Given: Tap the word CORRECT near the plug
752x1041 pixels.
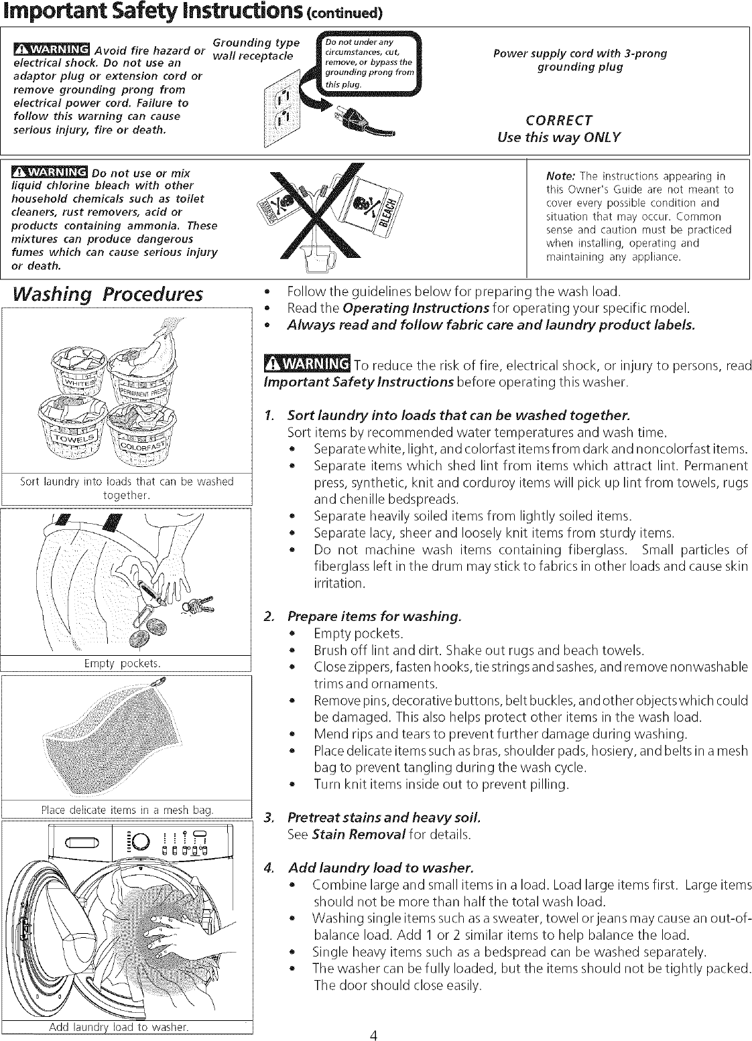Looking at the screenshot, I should (558, 121).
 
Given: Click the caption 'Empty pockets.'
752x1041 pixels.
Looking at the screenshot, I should (127, 663).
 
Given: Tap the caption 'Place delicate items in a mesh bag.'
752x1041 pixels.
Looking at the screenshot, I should (127, 811).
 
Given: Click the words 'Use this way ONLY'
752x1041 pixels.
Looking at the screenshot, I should (558, 137).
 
